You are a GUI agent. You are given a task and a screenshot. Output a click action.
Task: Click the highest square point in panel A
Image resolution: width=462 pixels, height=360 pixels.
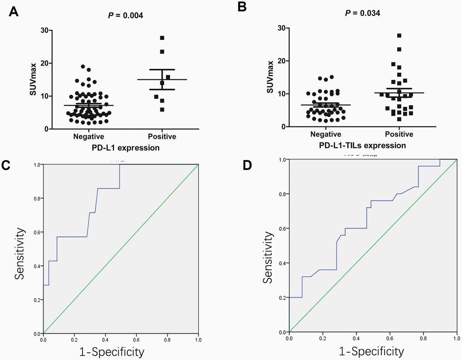pyautogui.click(x=162, y=38)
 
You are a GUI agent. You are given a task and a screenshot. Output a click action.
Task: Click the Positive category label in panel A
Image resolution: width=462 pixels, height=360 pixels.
pyautogui.click(x=162, y=136)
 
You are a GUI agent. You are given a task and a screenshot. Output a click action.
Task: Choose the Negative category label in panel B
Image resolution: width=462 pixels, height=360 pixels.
pyautogui.click(x=325, y=134)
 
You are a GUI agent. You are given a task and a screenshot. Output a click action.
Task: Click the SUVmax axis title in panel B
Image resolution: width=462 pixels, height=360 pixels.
pyautogui.click(x=270, y=77)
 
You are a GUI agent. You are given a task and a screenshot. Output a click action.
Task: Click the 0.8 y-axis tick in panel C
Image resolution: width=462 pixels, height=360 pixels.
pyautogui.click(x=36, y=199)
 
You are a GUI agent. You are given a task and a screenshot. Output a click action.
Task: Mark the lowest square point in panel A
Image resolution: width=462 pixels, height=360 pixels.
pyautogui.click(x=162, y=110)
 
